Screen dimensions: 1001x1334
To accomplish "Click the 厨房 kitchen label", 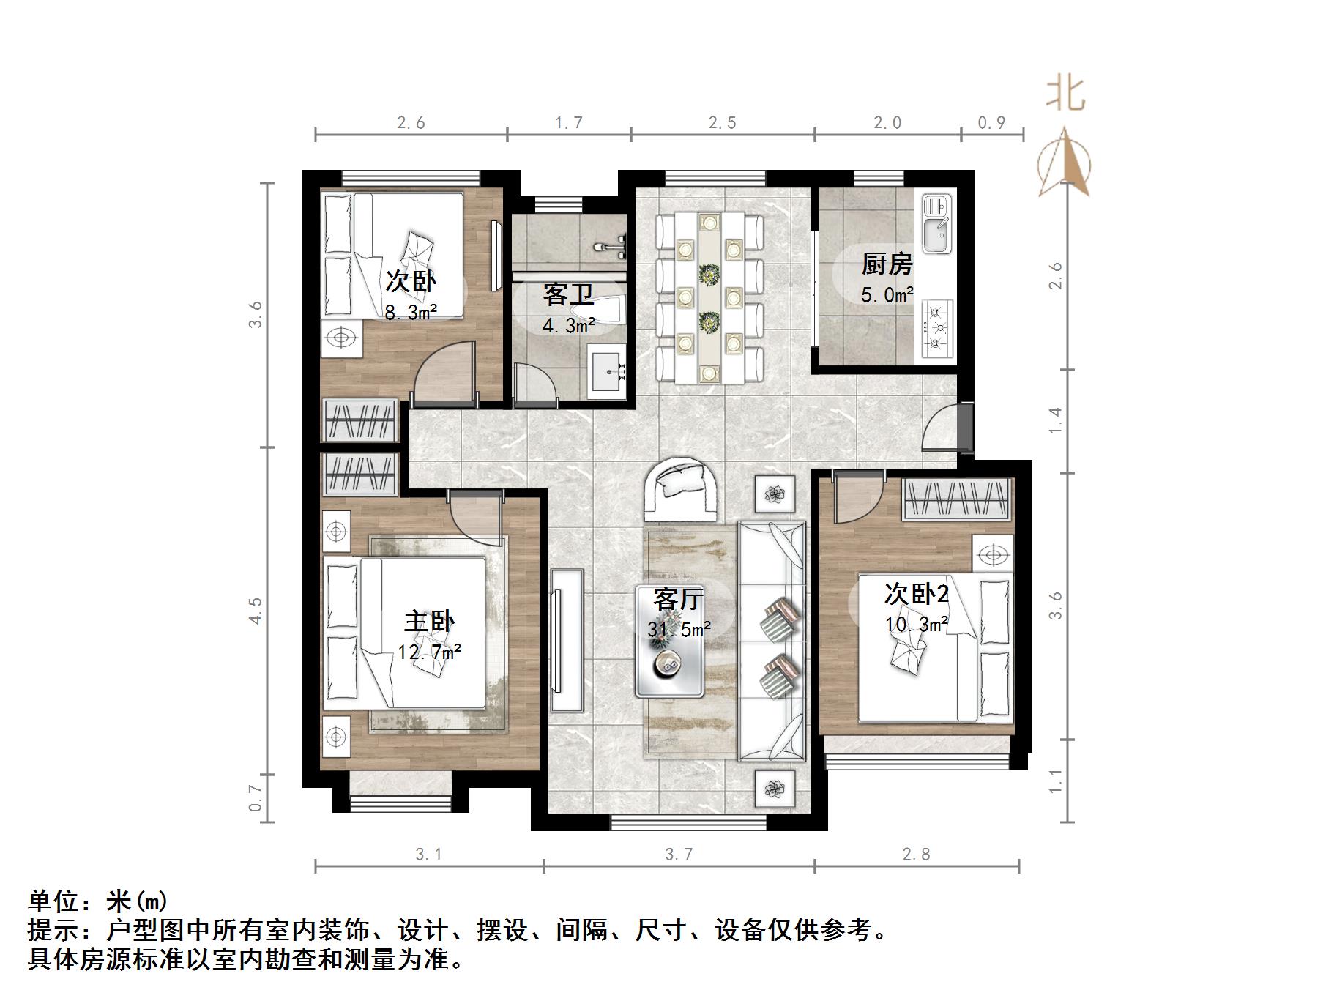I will (887, 264).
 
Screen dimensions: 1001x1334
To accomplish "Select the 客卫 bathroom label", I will (568, 295).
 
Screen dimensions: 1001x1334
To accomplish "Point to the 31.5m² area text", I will (679, 629).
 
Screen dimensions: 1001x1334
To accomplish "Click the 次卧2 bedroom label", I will (917, 593).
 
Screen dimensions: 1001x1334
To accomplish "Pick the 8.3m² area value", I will (411, 313).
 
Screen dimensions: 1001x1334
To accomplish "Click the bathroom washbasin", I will (607, 373).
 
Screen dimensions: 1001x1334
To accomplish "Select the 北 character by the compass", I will (1065, 94).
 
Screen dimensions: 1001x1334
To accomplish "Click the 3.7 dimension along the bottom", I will (679, 854).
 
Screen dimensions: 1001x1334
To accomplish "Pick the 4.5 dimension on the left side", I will (255, 610).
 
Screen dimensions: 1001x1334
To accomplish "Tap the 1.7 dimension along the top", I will (569, 122).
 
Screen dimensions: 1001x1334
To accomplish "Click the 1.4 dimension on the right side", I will (1055, 420).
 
